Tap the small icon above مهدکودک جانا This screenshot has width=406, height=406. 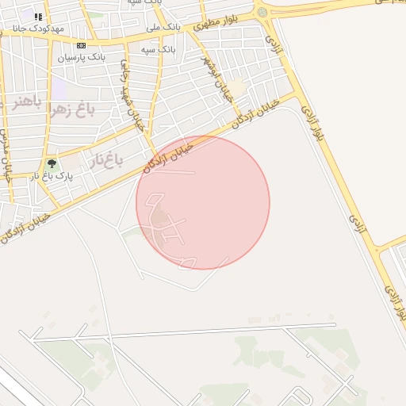[x=37, y=16]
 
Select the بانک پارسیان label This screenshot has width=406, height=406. [x=82, y=58]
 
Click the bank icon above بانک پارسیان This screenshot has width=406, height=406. [x=82, y=46]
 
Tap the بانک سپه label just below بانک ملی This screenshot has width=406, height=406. [x=158, y=49]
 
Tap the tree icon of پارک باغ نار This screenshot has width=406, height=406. [x=52, y=163]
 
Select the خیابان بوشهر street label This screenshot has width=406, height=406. [x=217, y=79]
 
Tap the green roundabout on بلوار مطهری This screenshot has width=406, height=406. [x=262, y=12]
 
